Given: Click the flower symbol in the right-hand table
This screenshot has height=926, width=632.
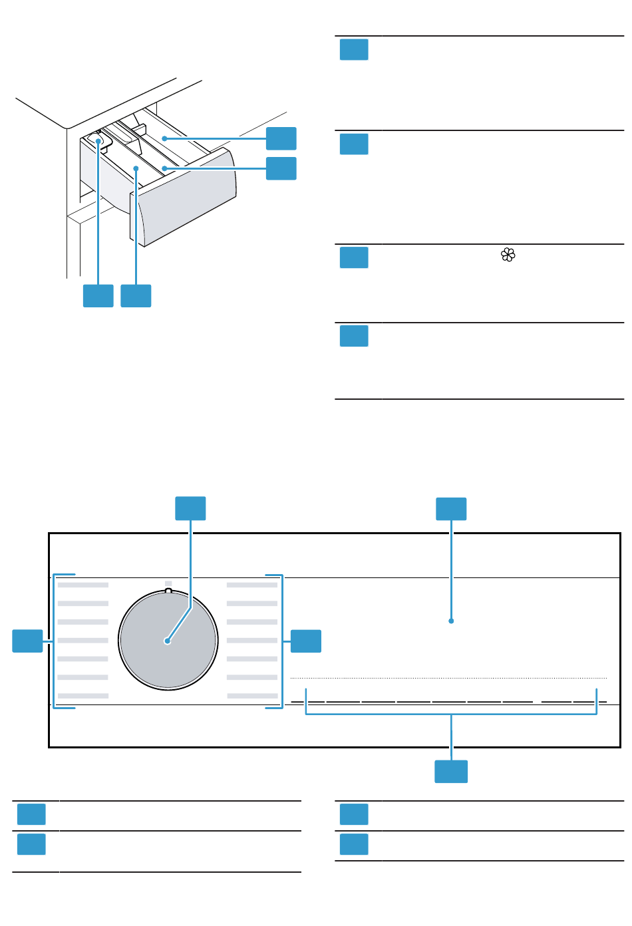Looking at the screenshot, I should point(508,255).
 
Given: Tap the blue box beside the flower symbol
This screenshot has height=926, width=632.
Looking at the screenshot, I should point(354,257).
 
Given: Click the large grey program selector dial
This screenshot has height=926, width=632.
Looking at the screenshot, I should point(168,641).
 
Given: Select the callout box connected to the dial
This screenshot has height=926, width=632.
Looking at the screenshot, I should point(190,508).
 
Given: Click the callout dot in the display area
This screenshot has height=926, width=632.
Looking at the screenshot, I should point(451,621).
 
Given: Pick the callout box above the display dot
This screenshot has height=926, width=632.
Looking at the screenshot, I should point(451,509).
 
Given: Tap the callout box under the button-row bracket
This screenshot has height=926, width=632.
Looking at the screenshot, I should point(451,771).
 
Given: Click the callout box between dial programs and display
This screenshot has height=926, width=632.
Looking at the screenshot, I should point(306,641).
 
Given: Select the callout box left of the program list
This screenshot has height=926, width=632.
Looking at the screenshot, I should point(28,641).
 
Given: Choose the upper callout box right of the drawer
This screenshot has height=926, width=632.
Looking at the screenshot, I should point(281,138).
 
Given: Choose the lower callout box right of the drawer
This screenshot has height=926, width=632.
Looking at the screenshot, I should point(281,168).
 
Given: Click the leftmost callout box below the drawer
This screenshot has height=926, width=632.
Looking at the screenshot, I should point(98,295).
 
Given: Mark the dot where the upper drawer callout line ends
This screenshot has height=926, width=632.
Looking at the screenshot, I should point(164,139).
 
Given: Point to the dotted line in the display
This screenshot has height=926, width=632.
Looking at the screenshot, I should point(448,678).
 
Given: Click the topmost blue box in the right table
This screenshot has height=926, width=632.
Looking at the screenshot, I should point(354,50).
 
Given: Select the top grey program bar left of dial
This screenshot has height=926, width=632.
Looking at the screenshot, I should point(83,585).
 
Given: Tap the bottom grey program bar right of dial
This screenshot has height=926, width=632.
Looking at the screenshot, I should point(253,696).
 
